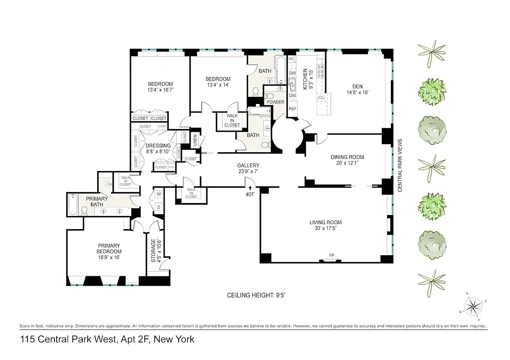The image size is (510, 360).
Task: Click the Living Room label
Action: point(325,222)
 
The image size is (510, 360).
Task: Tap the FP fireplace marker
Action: point(331,256)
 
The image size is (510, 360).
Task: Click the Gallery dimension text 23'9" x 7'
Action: point(248,171)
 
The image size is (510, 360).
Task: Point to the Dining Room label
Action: point(347,157)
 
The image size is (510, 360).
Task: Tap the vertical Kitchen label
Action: point(305,79)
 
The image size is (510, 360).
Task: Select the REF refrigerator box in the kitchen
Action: point(292,109)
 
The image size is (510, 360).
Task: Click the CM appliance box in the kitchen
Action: point(291,59)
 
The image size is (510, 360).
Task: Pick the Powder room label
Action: point(275,102)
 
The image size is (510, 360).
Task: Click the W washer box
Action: point(158,194)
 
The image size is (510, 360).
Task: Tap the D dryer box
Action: point(158,207)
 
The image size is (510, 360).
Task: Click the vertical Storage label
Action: point(153,251)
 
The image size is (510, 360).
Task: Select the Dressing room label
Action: point(158,146)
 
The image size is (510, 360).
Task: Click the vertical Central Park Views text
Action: point(399,165)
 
